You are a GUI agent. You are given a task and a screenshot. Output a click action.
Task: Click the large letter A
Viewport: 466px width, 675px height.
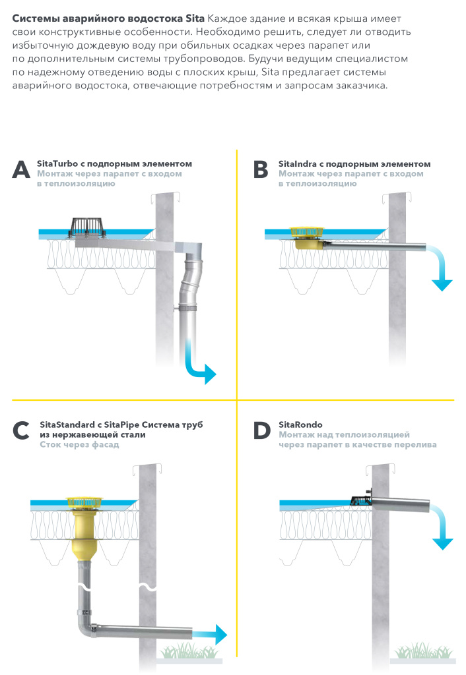21,169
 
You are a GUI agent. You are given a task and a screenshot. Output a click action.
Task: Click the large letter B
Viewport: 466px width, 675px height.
261,169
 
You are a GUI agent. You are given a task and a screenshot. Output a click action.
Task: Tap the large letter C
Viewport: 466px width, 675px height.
21,431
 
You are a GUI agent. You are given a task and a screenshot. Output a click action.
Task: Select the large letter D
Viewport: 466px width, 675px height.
261,431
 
